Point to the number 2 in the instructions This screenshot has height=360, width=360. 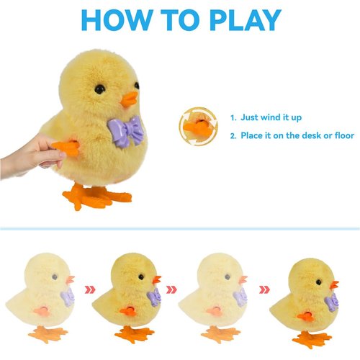point(233,135)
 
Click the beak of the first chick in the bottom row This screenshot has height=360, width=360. point(70,280)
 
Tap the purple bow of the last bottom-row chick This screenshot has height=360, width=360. point(331,302)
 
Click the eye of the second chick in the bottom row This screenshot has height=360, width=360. point(140,276)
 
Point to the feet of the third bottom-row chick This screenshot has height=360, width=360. point(219,334)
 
